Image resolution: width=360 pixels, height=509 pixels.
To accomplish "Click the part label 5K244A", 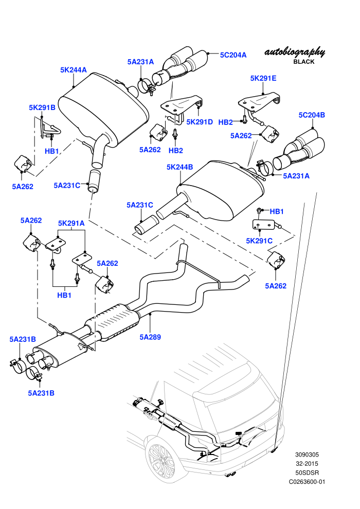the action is coord(74,70).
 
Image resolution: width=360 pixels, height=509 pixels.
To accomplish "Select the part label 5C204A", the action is coord(233,55).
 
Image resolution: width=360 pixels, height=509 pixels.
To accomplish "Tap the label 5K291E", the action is coord(263,78).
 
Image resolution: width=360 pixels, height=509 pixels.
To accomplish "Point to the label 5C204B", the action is coord(312,115).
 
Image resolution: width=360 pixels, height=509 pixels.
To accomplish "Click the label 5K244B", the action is coord(180,167).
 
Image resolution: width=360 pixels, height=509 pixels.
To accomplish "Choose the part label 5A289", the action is coord(150,337).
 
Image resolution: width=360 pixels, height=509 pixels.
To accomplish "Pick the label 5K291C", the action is coord(259,241).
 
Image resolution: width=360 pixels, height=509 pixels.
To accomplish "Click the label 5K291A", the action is coord(71,223).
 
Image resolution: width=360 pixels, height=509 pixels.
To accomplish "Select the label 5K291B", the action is coord(42,107).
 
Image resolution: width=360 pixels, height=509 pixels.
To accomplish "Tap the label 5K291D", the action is coord(200,122).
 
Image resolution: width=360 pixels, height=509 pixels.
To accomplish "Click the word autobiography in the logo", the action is coord(294,52).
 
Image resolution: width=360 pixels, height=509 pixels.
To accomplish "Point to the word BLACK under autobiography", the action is coord(304,62).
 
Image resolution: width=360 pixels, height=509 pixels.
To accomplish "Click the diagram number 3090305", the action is coord(307,455).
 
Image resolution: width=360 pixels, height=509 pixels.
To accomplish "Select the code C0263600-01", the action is coord(307,482).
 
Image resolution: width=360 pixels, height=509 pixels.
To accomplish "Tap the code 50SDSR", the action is coord(307,473).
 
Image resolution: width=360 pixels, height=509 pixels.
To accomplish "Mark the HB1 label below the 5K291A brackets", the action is coord(64,296).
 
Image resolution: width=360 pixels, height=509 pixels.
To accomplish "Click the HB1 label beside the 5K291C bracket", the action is coord(277,212).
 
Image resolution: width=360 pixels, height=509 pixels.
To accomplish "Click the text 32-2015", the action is coord(307,464).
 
